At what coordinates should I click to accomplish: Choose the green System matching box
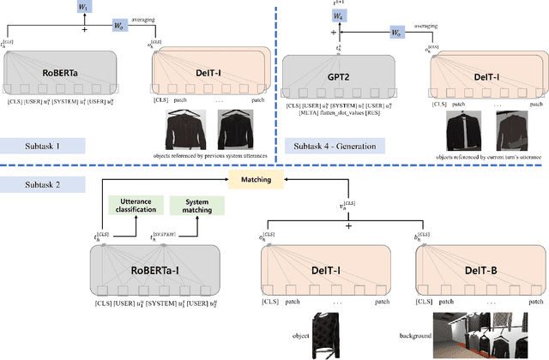196,206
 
